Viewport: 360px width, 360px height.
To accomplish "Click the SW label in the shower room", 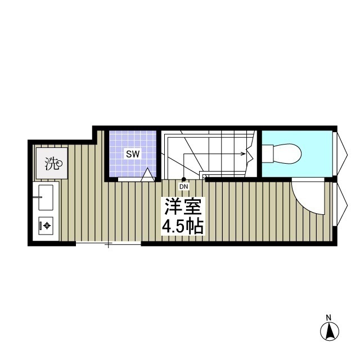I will pos(132,154).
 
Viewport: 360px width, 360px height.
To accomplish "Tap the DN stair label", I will pos(183,186).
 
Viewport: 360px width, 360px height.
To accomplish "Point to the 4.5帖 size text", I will pos(183,226).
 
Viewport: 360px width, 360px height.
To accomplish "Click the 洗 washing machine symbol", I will pos(52,164).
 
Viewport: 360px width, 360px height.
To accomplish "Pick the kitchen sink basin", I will pos(47,197).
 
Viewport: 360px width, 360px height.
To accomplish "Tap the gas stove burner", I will pos(46,226).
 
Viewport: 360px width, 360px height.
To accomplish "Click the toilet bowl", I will pos(287,153).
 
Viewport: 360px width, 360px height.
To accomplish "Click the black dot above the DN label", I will pos(183,179).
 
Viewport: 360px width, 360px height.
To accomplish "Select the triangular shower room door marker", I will pos(147,175).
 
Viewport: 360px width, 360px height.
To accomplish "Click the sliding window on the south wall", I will pos(108,244).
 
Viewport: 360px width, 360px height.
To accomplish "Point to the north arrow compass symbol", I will pos(330,332).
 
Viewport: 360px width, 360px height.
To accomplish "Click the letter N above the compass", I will pos(330,317).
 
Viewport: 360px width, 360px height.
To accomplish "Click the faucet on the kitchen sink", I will pos(38,197).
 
